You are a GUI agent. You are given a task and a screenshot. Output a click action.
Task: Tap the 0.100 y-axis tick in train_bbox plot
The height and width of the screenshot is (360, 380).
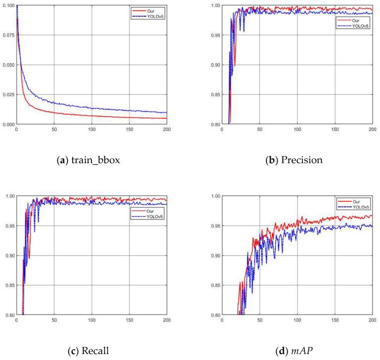pyautogui.click(x=7, y=5)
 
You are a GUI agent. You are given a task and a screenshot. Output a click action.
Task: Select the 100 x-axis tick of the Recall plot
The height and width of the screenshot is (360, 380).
pyautogui.click(x=91, y=321)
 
